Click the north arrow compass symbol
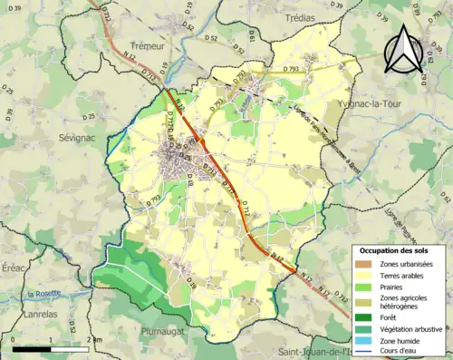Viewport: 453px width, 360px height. (404, 50)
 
